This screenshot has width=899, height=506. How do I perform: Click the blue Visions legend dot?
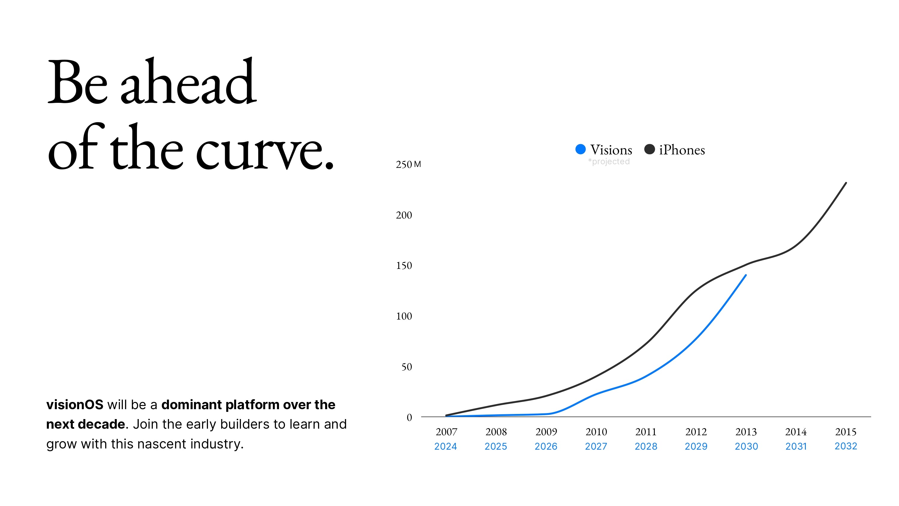point(580,150)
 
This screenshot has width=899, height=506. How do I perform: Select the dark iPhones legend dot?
point(649,150)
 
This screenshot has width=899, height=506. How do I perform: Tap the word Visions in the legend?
point(611,150)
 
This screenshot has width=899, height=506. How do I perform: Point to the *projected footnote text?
point(609,162)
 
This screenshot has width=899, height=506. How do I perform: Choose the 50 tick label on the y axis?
point(407,367)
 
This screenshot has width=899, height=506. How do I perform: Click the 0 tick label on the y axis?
point(409,417)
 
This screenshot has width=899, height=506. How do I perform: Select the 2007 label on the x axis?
point(447,432)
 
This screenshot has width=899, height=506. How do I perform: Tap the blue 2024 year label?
point(445,446)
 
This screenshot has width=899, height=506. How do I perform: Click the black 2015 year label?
point(846,432)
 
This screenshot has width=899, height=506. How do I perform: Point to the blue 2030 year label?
point(746,446)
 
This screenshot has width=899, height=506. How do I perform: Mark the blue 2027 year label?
point(596,446)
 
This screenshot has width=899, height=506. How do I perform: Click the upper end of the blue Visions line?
point(746,275)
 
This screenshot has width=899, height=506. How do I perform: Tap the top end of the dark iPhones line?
point(846,183)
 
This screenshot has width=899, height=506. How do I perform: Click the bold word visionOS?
point(75,405)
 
